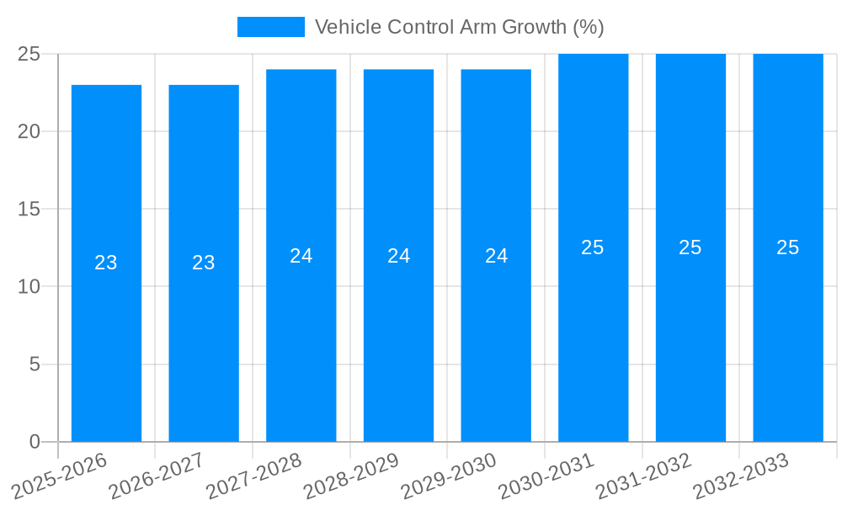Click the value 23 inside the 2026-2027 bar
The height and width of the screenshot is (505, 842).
point(204,263)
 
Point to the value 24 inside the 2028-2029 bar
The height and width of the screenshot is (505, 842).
point(399,256)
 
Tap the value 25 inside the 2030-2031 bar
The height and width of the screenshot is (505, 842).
point(593,247)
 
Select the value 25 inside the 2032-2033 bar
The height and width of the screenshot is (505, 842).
point(788,247)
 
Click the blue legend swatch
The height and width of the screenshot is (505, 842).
point(270,27)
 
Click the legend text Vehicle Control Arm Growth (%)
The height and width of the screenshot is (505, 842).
point(459,27)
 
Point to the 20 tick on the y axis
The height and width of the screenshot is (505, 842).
point(29,131)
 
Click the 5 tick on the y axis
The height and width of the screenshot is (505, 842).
point(35,364)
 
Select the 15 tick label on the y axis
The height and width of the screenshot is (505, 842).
point(29,209)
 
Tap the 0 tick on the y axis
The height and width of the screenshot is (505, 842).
point(35,442)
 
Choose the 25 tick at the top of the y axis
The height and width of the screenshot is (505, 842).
point(29,54)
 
